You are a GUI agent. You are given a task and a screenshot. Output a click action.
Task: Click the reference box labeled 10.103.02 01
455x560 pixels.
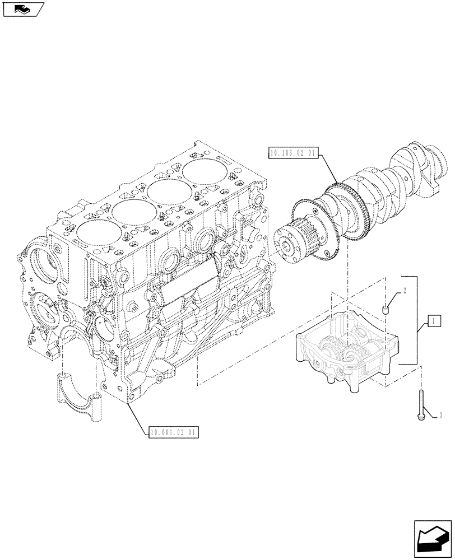[x=294, y=152]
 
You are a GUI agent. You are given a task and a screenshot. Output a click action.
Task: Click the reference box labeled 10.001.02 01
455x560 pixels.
[x=174, y=432]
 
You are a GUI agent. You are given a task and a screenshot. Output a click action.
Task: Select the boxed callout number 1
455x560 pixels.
[x=433, y=321]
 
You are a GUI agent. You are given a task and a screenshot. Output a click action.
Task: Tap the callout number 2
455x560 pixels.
[x=403, y=291]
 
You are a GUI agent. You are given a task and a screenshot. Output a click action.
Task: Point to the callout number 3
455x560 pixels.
[x=441, y=416]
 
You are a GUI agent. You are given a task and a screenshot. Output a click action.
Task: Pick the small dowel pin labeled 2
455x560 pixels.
[x=385, y=309]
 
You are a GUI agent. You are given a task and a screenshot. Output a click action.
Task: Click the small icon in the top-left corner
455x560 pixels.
[x=22, y=9]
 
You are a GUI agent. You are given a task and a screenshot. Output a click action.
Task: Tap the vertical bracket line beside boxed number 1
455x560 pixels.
[x=417, y=319]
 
